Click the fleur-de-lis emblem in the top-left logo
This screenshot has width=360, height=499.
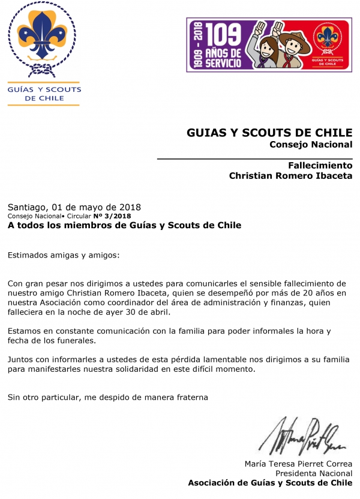[43, 39]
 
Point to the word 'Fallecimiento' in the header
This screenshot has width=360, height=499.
[320, 165]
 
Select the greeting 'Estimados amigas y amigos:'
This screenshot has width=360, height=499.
[64, 255]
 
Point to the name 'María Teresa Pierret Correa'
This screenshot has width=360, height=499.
[298, 464]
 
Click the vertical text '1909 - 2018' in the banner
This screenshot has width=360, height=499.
[196, 46]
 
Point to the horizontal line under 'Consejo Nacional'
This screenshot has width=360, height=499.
[254, 159]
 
